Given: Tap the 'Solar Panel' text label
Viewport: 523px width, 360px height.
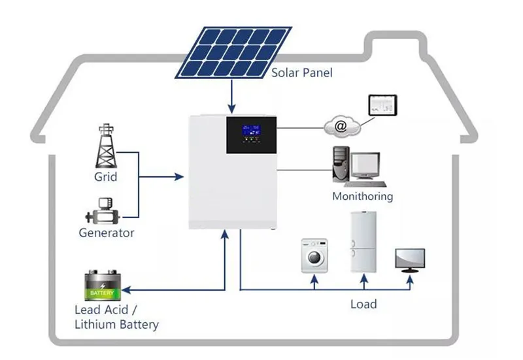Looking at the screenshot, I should coord(302,73).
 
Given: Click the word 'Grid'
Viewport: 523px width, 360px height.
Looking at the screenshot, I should coord(105,177).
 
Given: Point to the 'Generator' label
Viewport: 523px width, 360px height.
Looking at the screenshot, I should coord(107,233).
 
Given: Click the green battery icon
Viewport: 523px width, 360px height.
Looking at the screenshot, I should coord(103,286).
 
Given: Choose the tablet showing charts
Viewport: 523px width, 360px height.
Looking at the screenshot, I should coord(382,105).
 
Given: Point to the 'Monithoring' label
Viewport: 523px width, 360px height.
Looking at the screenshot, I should coord(363,196).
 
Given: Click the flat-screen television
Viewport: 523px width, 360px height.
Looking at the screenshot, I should coord(410,259).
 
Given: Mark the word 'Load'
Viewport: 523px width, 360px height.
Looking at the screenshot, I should coord(363,304).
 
